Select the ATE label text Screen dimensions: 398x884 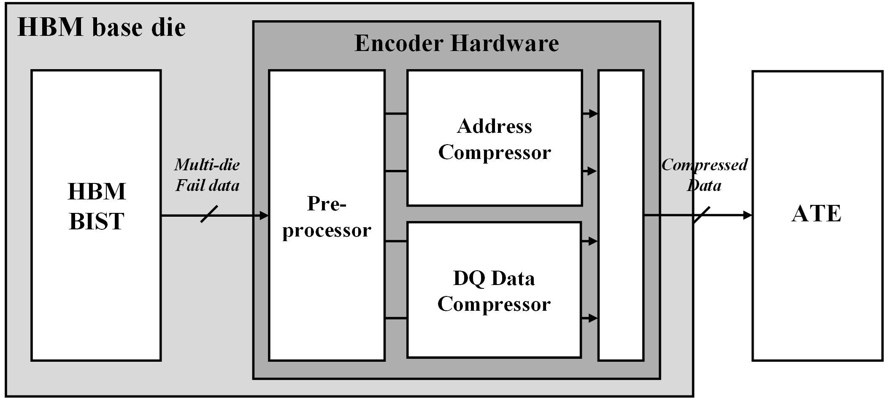point(816,213)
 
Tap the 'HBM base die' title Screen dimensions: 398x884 point(101,27)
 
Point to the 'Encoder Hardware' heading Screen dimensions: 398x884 point(457,43)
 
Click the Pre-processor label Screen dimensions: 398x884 point(327,217)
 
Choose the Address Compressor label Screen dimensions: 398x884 point(495,139)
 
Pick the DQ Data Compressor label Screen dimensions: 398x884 point(494,291)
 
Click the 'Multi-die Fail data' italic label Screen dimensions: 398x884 point(207,175)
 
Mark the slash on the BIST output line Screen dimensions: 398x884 point(209,214)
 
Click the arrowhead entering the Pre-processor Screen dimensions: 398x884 point(265,216)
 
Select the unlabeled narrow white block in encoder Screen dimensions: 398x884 point(621,215)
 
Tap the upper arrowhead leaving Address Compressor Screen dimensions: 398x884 point(593,113)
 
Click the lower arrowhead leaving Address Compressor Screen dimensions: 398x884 point(593,171)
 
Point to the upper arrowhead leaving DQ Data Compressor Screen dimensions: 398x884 point(593,241)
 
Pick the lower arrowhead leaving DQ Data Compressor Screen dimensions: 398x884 point(593,318)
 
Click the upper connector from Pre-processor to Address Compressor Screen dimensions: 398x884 point(396,113)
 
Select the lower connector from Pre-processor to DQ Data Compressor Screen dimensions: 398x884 point(396,318)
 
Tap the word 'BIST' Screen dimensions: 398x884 point(97,221)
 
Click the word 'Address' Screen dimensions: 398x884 point(495,126)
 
